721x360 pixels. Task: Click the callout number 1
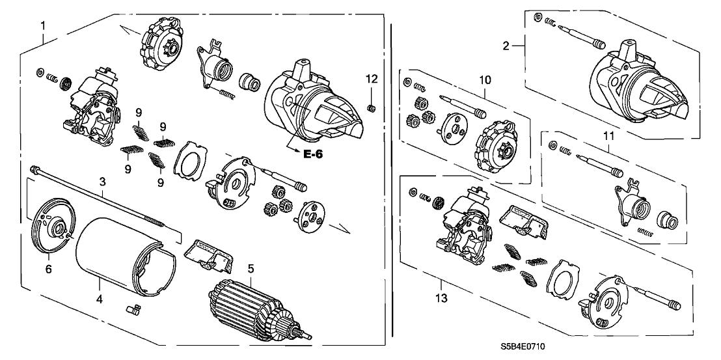43,25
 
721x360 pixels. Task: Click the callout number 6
48,268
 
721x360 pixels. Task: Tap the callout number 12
371,79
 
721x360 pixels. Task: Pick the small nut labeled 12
372,106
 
